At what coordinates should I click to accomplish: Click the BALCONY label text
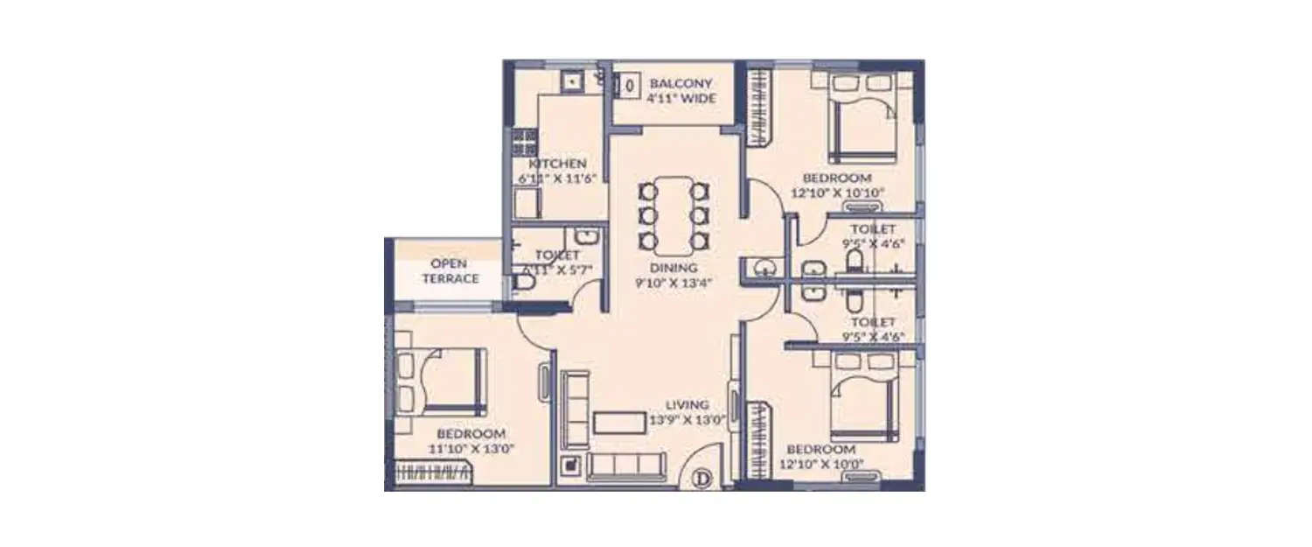tap(681, 84)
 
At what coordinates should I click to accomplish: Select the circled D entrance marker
tap(701, 478)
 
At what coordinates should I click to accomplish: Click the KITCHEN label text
tap(557, 164)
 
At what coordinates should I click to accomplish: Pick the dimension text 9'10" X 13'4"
tap(673, 283)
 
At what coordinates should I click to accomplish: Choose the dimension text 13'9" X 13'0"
tap(687, 420)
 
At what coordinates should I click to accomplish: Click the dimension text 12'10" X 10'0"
tap(821, 465)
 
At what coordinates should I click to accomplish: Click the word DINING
tap(673, 268)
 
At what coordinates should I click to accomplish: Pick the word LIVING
tap(687, 405)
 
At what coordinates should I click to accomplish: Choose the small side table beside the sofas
tap(572, 466)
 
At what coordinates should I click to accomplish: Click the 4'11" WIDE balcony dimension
tap(681, 99)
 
